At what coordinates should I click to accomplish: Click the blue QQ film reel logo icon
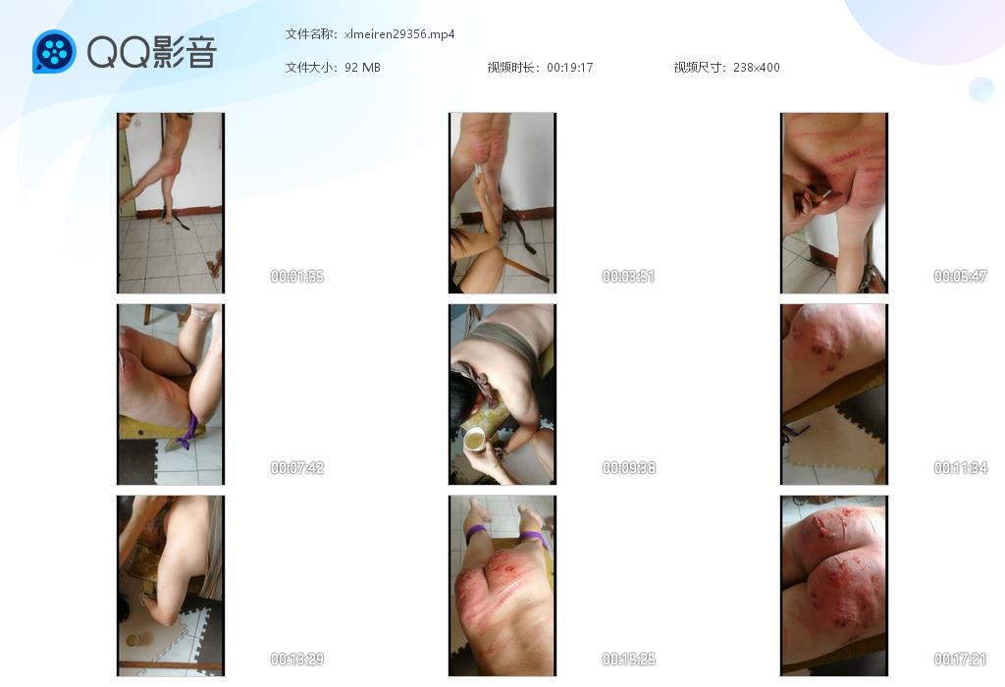(x=55, y=51)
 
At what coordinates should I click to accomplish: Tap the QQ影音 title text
(x=152, y=52)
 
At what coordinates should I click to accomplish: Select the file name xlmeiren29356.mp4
(x=399, y=34)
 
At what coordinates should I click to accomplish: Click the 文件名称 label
(x=309, y=34)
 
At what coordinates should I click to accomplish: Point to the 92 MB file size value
(x=362, y=68)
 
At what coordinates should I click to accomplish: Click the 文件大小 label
(x=309, y=68)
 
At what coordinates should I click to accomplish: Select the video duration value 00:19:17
(x=570, y=68)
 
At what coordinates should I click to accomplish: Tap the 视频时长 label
(x=510, y=68)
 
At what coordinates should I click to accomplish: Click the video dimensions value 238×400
(x=757, y=68)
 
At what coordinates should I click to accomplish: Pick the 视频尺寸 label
(x=698, y=68)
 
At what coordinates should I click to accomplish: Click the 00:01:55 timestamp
(x=296, y=276)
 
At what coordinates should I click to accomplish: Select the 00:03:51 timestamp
(x=628, y=276)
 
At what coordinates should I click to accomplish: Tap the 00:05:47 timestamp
(x=960, y=276)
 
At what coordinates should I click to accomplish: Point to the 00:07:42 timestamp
(x=296, y=468)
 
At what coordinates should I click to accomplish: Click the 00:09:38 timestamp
(x=628, y=468)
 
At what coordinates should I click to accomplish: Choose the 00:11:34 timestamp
(x=960, y=468)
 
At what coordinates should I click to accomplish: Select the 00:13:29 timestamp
(x=296, y=659)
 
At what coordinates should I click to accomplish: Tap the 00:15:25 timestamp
(x=628, y=659)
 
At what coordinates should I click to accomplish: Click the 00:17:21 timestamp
(x=960, y=659)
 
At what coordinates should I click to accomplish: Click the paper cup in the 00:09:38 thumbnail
(x=474, y=441)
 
